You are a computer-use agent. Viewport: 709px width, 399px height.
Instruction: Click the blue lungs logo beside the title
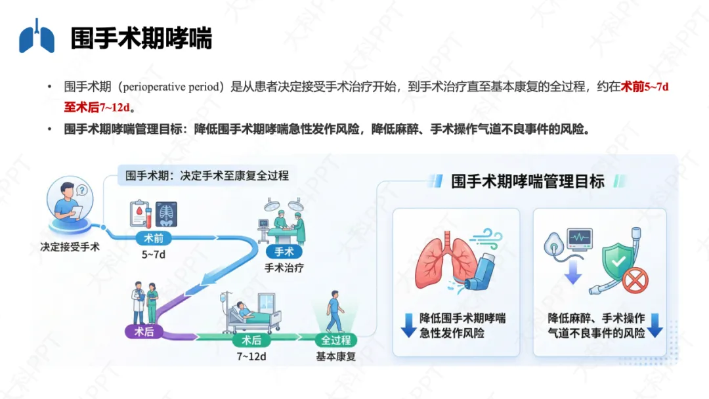point(37,37)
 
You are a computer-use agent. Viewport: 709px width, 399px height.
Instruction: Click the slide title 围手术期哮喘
point(141,38)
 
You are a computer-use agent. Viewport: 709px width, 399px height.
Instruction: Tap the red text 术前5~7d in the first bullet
point(645,87)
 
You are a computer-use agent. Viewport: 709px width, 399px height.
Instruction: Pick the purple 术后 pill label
point(144,331)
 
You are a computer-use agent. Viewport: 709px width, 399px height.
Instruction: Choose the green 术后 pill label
point(251,340)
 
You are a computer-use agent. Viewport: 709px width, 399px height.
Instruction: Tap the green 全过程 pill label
point(335,340)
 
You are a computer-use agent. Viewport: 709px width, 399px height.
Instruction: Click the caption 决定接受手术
point(70,247)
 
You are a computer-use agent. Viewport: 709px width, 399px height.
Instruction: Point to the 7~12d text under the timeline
point(251,356)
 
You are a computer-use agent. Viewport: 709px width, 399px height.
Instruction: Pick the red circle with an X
point(635,282)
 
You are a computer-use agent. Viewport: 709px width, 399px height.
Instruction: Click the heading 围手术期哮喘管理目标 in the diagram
point(528,182)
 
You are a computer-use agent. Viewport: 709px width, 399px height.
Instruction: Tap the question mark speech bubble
point(81,191)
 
